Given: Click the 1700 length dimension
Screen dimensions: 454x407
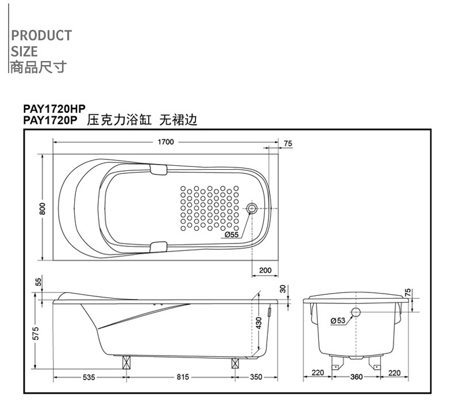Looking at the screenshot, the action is [x=166, y=142].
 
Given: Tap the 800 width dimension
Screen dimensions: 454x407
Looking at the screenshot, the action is [x=43, y=208].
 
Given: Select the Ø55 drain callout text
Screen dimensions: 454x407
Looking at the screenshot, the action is [x=232, y=234].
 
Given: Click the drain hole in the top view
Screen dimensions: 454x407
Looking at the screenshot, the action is [x=252, y=208].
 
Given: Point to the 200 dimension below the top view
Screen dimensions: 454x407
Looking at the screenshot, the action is [x=266, y=271].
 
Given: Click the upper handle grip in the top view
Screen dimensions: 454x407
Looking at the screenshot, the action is [x=159, y=170].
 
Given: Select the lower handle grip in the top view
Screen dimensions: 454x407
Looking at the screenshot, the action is [x=159, y=247].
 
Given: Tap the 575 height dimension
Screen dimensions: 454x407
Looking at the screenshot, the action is [x=36, y=333].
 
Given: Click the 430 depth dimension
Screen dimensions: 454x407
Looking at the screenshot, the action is [x=259, y=323].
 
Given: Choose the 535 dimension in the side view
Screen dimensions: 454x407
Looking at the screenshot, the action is [x=89, y=377].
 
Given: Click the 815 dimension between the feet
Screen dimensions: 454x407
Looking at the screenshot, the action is [x=183, y=377].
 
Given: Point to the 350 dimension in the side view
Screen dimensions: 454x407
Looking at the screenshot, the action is [x=256, y=377].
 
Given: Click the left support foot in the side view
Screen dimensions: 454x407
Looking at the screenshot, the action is [x=126, y=362].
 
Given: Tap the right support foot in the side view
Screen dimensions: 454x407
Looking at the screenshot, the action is [x=235, y=363].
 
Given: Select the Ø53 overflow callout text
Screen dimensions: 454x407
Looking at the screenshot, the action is [x=338, y=321].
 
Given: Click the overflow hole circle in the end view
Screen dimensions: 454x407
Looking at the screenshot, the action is [x=356, y=312].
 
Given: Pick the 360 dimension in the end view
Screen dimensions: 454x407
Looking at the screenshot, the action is [x=356, y=377].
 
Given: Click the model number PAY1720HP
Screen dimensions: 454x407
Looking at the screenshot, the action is [x=55, y=109].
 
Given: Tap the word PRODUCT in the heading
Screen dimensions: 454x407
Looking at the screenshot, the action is [x=41, y=35].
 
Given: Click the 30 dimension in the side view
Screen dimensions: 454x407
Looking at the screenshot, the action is [x=283, y=288].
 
